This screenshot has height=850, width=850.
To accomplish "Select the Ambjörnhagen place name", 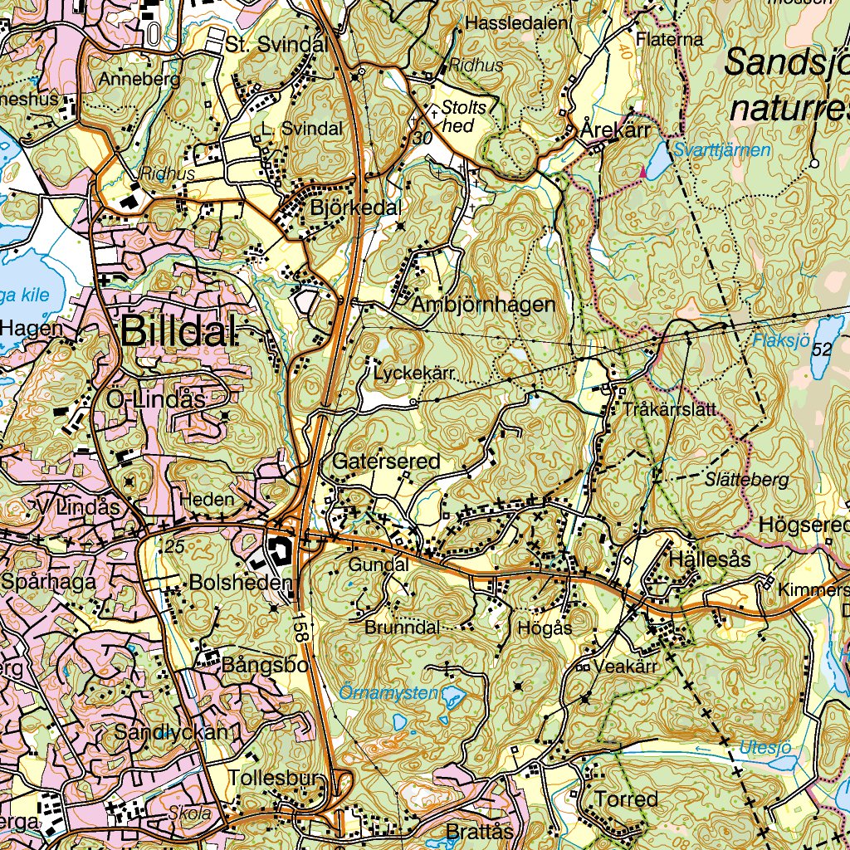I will (483, 305).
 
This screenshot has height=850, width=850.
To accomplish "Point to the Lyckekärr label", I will (414, 374).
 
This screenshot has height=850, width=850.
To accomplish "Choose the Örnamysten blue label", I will (389, 691).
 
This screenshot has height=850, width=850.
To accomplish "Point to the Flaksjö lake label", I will (779, 340).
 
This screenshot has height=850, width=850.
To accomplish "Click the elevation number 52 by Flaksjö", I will (822, 350).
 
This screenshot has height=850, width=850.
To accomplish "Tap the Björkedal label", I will (355, 208).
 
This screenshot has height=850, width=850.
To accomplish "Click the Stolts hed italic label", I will (462, 115).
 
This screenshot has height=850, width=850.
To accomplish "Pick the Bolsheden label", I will (241, 584).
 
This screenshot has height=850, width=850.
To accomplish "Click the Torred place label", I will (626, 799).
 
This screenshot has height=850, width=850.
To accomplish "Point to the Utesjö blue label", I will (766, 746).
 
